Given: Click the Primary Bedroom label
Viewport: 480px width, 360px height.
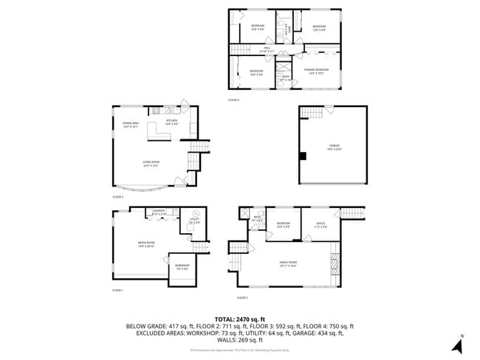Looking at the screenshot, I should tap(316, 71).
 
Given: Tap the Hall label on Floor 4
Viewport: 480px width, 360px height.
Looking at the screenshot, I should tap(267, 50).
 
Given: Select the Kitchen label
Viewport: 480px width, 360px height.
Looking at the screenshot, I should tap(171, 121).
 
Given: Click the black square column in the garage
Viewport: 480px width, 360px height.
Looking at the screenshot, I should tap(302, 155).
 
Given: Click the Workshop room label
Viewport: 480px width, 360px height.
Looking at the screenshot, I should tap(182, 266).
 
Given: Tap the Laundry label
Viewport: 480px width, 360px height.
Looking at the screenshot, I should tap(159, 212).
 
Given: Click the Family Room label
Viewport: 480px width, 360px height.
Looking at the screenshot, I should tap(288, 263).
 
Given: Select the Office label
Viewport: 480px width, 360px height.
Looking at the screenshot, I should tap(321, 224).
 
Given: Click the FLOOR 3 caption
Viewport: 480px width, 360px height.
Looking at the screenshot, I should tap(118, 198).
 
